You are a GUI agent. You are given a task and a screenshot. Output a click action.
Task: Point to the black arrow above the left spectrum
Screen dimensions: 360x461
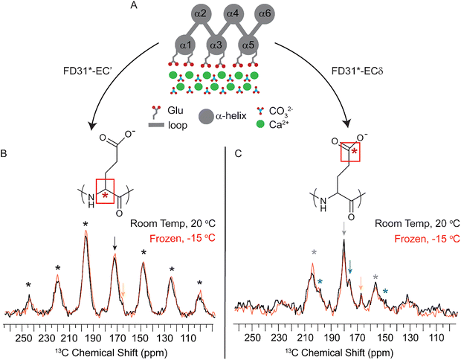[x=115, y=240]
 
